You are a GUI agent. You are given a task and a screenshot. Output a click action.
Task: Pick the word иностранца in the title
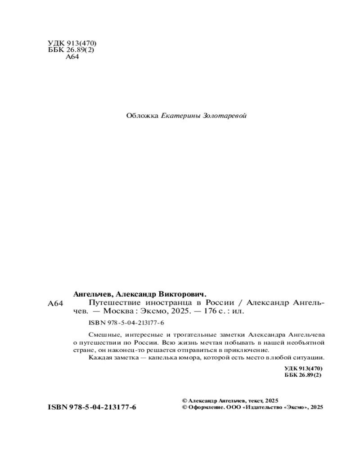coord(171,302)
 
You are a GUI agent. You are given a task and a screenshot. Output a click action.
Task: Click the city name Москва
coord(119,311)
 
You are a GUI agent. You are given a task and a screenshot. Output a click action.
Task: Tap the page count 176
coord(207,311)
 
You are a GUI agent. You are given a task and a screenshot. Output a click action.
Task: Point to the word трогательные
coord(190,335)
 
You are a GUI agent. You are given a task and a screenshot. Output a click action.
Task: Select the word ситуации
coord(310,358)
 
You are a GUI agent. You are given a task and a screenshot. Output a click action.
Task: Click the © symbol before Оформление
coord(184,407)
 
